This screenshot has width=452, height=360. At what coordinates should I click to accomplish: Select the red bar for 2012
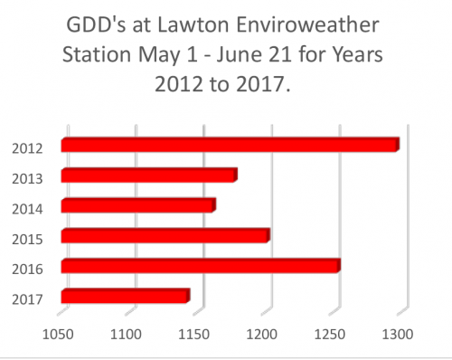(x=230, y=145)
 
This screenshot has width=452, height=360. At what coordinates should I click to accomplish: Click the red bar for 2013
(x=149, y=175)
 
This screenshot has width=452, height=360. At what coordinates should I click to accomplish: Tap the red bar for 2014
(x=138, y=205)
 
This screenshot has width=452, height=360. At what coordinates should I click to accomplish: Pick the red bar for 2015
(x=165, y=236)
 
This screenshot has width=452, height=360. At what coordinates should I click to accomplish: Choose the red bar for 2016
(x=201, y=266)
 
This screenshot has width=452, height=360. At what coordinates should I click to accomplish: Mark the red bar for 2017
(x=125, y=296)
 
